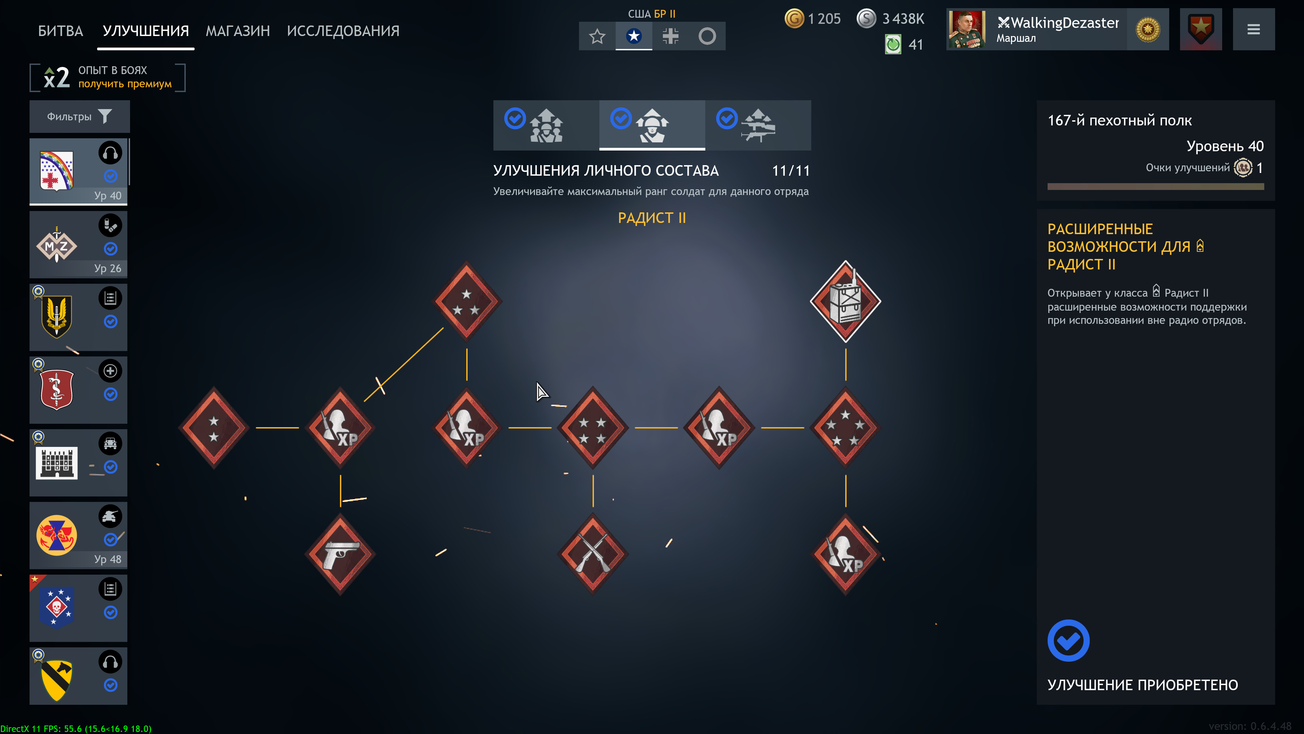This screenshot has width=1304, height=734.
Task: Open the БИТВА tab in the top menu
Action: (x=60, y=31)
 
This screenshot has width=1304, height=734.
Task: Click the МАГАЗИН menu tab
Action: (x=237, y=31)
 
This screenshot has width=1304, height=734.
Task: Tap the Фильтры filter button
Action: (x=79, y=117)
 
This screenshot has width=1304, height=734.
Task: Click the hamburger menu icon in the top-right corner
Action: (x=1253, y=29)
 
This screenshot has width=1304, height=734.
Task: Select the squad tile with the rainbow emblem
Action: (x=78, y=172)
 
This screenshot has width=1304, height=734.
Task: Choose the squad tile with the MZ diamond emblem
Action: (x=78, y=245)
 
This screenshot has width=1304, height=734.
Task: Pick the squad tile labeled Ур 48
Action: (x=78, y=536)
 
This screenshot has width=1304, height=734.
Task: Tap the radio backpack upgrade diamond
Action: (x=845, y=301)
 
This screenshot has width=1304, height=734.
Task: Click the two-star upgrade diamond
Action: (x=214, y=428)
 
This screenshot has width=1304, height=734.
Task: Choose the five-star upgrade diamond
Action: (x=845, y=428)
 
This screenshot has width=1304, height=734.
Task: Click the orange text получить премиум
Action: (x=125, y=84)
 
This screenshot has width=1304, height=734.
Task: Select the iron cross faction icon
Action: (x=670, y=36)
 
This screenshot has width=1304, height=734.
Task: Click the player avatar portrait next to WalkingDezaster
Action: (x=967, y=29)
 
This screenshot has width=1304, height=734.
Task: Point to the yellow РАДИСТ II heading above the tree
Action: (x=652, y=218)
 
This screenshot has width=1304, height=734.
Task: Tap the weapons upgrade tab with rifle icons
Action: (x=758, y=125)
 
